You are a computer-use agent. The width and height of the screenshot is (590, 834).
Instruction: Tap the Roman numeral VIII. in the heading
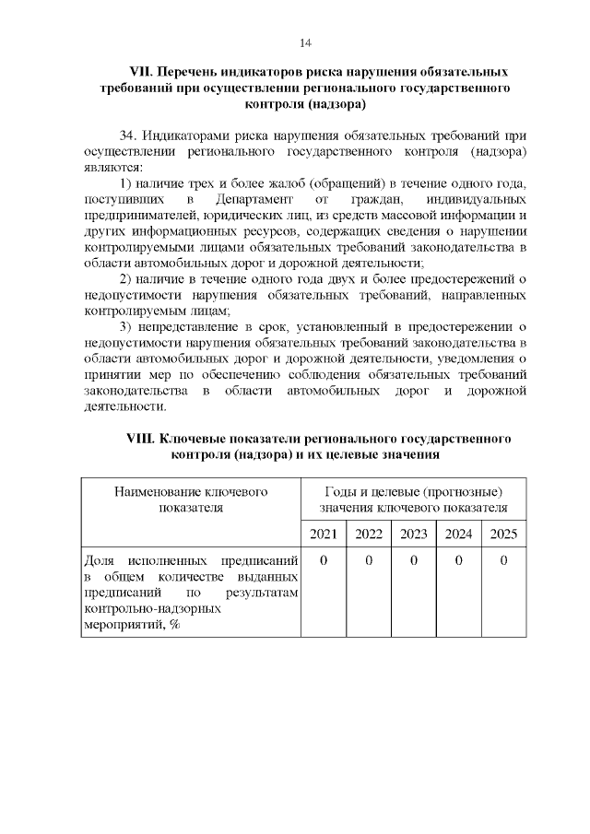[x=143, y=439]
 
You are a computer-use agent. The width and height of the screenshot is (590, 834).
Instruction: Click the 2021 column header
[x=323, y=534]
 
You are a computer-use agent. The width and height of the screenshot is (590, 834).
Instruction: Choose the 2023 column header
[x=413, y=534]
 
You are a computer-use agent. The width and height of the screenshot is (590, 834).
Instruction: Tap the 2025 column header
[x=503, y=534]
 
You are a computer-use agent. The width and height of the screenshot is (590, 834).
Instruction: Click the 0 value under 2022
[x=368, y=561]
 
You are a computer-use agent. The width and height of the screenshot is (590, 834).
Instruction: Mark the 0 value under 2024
[x=458, y=561]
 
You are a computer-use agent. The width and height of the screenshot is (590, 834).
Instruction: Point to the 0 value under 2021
[x=323, y=561]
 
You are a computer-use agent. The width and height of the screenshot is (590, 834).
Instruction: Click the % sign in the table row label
[x=173, y=625]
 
